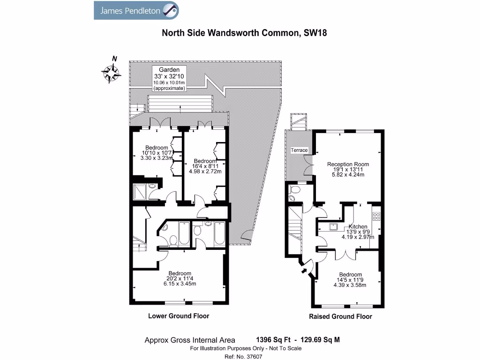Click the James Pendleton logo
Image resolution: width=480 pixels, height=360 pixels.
[136, 10]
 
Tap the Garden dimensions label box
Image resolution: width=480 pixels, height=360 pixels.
[169, 79]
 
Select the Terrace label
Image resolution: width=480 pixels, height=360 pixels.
[299, 150]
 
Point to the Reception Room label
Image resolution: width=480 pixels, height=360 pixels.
[348, 169]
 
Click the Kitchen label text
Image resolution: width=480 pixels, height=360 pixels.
[358, 226]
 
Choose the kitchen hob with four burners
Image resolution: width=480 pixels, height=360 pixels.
[376, 217]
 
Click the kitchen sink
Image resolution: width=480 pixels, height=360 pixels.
[333, 227]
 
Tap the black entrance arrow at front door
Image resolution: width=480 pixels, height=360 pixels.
[304, 270]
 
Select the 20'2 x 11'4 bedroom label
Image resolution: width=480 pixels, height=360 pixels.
[180, 278]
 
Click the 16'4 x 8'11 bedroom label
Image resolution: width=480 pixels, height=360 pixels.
[205, 166]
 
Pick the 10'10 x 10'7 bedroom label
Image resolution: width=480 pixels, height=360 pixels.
[157, 153]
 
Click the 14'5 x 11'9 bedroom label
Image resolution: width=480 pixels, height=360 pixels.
[350, 280]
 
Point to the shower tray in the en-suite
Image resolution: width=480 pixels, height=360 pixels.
[140, 192]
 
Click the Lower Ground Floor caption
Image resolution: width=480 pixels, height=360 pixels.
[179, 316]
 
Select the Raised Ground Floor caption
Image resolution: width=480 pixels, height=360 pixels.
[340, 316]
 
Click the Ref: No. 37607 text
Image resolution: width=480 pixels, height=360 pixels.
[243, 357]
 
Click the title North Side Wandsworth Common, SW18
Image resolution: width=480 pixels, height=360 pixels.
[244, 33]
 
